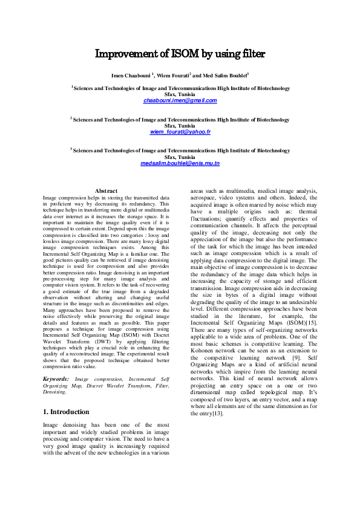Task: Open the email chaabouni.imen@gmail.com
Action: tap(180, 100)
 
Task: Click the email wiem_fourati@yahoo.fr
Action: tap(180, 132)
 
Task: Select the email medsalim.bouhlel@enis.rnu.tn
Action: tap(180, 163)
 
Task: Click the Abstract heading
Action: tap(106, 191)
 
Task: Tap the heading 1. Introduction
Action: tap(66, 412)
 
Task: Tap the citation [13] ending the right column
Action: tap(217, 413)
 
